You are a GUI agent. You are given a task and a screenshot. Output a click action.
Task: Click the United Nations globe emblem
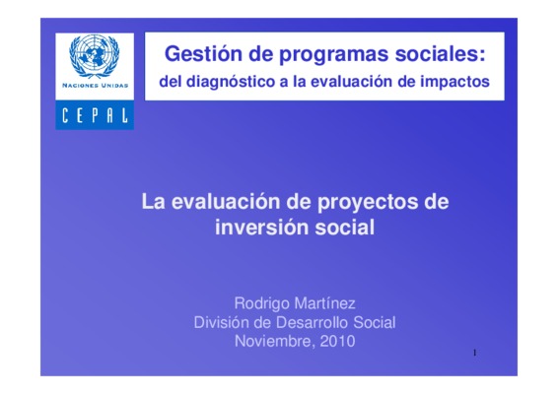click(x=95, y=57)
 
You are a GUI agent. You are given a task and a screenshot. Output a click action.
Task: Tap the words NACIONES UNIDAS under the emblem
click(x=95, y=86)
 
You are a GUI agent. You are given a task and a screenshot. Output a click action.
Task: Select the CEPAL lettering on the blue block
click(x=95, y=115)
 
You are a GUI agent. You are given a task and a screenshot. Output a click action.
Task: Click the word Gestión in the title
click(x=204, y=54)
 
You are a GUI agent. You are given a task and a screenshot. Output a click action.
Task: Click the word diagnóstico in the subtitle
click(x=231, y=82)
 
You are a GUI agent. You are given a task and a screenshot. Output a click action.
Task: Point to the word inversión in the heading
click(x=261, y=228)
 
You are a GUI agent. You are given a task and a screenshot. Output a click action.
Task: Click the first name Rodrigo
click(x=261, y=304)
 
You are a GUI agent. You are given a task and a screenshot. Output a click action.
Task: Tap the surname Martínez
click(x=325, y=303)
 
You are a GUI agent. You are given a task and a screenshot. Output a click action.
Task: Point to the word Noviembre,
click(x=274, y=342)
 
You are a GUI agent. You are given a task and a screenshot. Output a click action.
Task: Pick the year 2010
click(x=337, y=342)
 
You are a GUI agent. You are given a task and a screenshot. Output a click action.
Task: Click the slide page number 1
click(x=474, y=353)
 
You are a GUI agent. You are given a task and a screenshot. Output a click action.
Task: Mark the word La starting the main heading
click(x=154, y=202)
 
